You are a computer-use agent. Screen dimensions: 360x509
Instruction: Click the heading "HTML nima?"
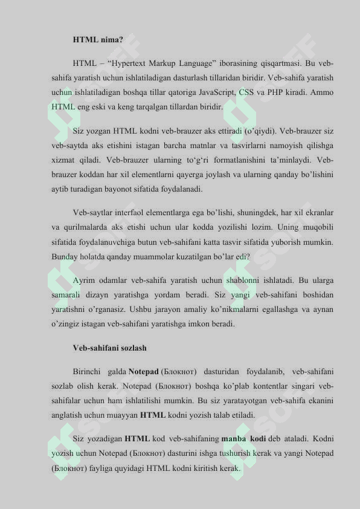97,39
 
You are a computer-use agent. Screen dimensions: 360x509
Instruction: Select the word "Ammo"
320,92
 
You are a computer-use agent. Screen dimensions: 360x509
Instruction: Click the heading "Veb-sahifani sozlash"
109,348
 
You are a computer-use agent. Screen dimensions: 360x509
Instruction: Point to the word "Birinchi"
89,371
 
